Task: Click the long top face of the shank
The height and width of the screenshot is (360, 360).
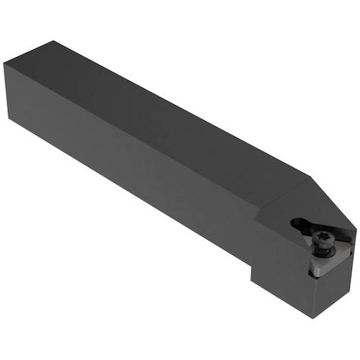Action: (x=166, y=115)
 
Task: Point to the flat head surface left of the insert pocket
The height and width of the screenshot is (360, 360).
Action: (x=277, y=216)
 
